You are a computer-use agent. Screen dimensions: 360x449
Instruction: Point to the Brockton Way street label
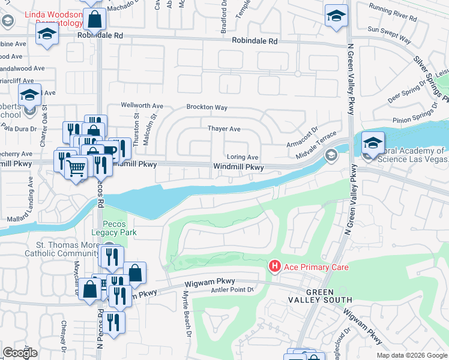coord(206,107)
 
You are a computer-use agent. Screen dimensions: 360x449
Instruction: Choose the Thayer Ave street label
coord(224,129)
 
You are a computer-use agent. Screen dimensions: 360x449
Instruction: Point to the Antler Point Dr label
coord(234,290)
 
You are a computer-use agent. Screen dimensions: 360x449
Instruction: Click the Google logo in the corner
coord(20,352)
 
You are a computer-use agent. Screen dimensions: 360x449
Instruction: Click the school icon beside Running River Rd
coord(336,16)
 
